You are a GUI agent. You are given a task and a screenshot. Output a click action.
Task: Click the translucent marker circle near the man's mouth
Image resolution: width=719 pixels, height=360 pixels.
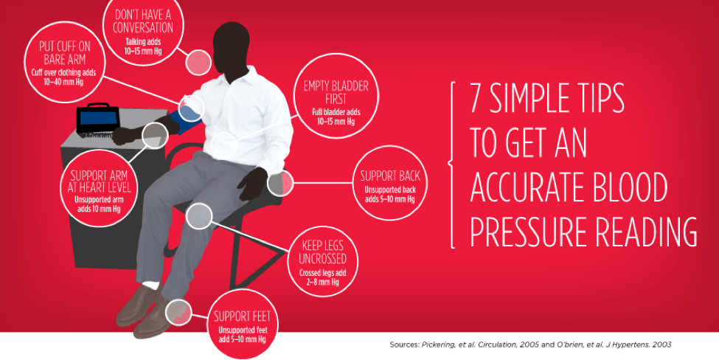coord(198,63)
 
